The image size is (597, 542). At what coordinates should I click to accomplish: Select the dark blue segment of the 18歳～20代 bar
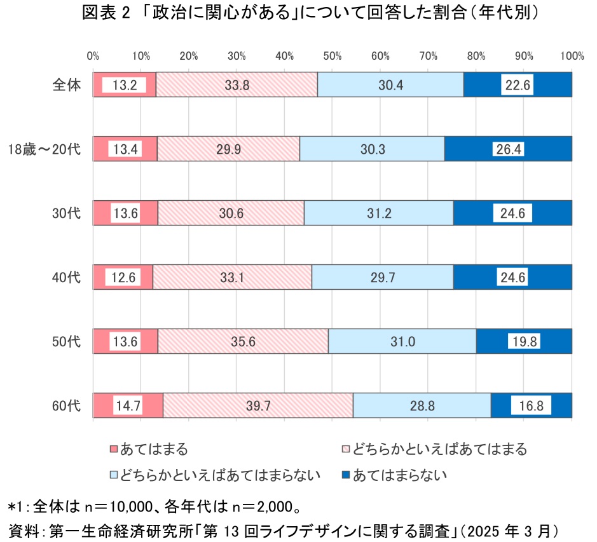tap(508, 149)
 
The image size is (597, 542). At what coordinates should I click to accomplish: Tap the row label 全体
tap(67, 85)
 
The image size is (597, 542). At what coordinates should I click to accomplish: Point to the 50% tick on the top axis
tap(332, 56)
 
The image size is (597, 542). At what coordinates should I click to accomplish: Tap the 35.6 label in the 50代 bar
tap(243, 342)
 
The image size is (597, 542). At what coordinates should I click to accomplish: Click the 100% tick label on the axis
tap(572, 56)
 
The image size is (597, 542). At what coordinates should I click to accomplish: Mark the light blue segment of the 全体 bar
tap(390, 85)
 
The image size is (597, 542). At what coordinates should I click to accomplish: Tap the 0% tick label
tap(93, 56)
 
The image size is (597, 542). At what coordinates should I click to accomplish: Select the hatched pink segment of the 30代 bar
tap(231, 213)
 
